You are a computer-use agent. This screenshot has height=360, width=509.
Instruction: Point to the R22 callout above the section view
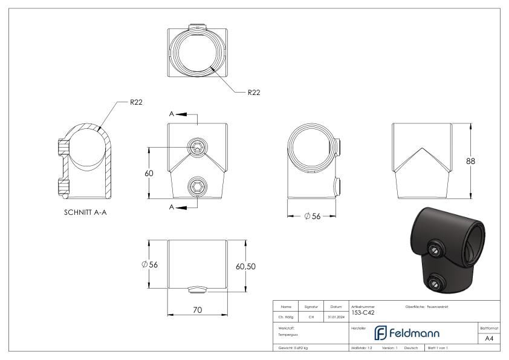[x=136, y=102]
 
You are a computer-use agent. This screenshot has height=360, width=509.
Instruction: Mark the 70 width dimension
[x=198, y=310]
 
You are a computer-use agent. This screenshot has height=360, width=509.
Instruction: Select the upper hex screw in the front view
[x=198, y=147]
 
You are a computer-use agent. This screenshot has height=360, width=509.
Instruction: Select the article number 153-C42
[x=363, y=313]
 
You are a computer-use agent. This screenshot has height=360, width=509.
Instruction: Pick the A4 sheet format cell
[x=489, y=338]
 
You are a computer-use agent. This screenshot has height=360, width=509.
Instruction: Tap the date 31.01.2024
[x=336, y=316]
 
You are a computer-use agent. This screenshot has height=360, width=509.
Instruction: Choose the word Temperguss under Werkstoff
[x=288, y=335]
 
